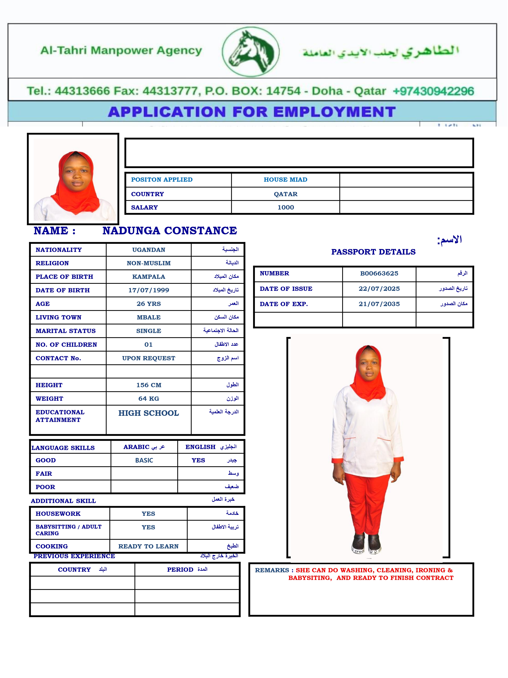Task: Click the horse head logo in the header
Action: (x=250, y=52)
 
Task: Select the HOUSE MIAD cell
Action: (x=285, y=180)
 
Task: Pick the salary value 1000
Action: (x=285, y=207)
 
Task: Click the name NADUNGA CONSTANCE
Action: (x=170, y=231)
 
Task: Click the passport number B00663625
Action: (x=379, y=273)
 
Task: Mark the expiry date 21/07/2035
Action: (x=379, y=304)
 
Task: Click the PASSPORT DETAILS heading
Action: (x=373, y=252)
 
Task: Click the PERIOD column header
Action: (x=180, y=569)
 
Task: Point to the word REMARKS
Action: (x=272, y=570)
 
